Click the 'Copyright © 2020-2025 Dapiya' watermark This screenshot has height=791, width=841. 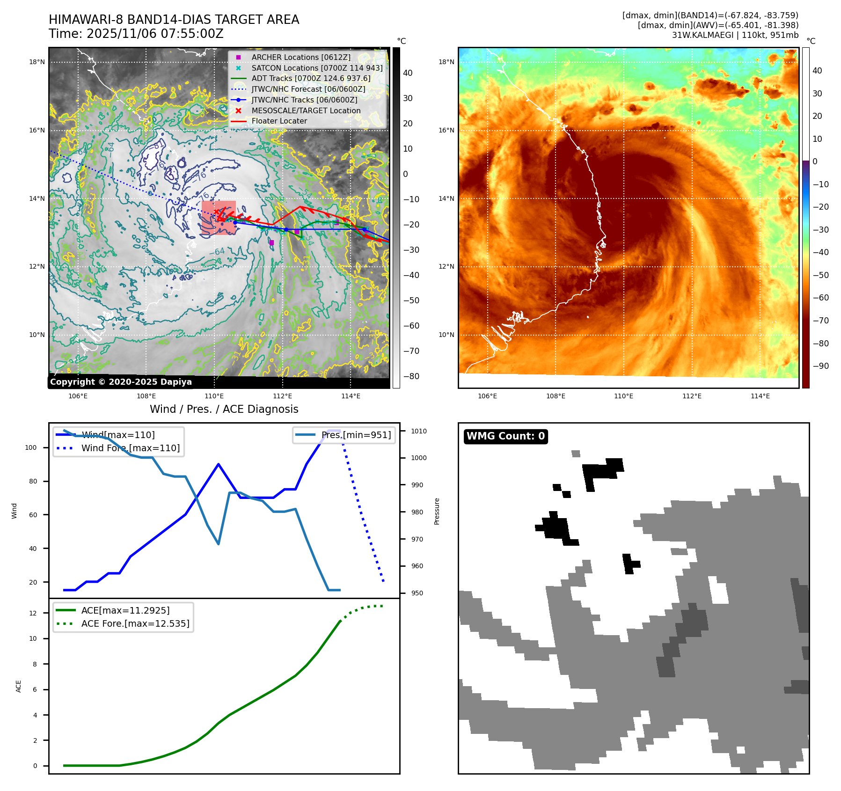pyautogui.click(x=121, y=382)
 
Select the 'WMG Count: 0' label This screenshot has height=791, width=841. pyautogui.click(x=505, y=436)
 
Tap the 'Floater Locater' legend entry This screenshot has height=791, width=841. pyautogui.click(x=279, y=121)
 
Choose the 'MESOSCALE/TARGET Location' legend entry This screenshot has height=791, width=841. pyautogui.click(x=306, y=110)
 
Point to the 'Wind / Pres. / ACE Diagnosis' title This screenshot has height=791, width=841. pyautogui.click(x=224, y=409)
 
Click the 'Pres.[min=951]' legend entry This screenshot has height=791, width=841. pyautogui.click(x=356, y=435)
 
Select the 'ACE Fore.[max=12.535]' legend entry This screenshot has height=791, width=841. pyautogui.click(x=135, y=623)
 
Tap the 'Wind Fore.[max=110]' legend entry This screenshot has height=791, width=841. pyautogui.click(x=130, y=448)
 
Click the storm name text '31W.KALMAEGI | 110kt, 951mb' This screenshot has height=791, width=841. pyautogui.click(x=735, y=35)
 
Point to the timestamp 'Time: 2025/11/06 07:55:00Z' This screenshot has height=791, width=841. pyautogui.click(x=136, y=34)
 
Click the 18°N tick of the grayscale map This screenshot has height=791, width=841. pyautogui.click(x=37, y=62)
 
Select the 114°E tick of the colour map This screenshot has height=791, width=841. pyautogui.click(x=760, y=396)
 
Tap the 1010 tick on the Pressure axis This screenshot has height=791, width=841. pyautogui.click(x=419, y=431)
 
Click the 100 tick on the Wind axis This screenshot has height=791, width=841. pyautogui.click(x=31, y=447)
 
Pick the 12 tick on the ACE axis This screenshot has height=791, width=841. pyautogui.click(x=33, y=613)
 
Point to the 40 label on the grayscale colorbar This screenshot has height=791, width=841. pyautogui.click(x=408, y=73)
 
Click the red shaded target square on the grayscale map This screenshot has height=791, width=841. pyautogui.click(x=219, y=218)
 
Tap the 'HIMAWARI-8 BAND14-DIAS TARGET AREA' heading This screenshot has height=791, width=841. pyautogui.click(x=174, y=20)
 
